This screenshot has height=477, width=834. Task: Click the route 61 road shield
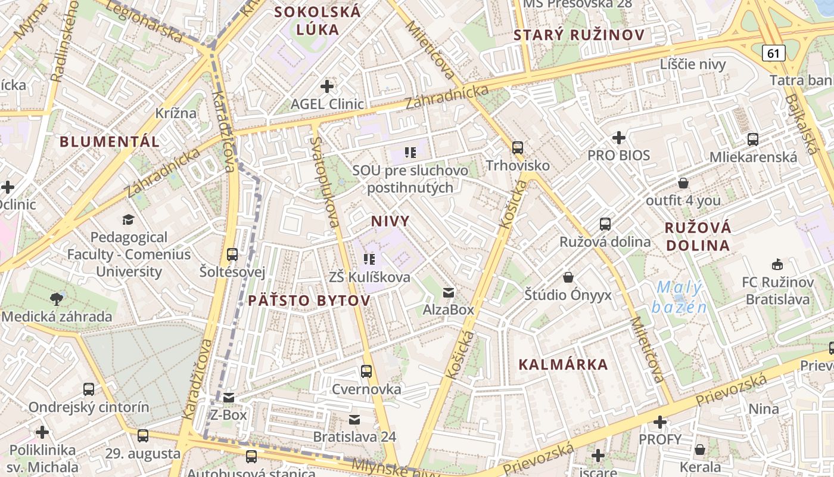(x=773, y=53)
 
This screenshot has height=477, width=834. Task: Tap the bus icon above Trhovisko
(x=517, y=147)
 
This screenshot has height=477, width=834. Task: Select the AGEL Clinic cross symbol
(x=326, y=86)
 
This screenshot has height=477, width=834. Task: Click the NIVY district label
(x=390, y=221)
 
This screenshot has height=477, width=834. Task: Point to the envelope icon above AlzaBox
(x=449, y=292)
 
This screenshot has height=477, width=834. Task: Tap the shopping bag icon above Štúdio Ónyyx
(x=568, y=277)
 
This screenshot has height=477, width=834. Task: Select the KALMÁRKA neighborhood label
(x=563, y=364)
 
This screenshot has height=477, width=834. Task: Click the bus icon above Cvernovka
(x=366, y=371)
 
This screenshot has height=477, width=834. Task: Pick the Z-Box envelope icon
(x=229, y=397)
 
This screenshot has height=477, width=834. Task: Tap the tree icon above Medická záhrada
(x=57, y=298)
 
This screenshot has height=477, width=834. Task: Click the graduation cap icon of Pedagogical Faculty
(x=128, y=219)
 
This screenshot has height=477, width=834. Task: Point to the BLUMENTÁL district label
(x=110, y=141)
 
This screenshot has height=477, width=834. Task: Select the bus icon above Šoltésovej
(x=232, y=255)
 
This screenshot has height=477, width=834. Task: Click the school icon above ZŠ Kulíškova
(x=369, y=259)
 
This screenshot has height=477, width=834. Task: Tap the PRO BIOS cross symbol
(x=619, y=138)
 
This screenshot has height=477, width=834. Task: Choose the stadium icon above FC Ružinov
(x=777, y=264)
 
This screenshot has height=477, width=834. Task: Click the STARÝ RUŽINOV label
(x=579, y=35)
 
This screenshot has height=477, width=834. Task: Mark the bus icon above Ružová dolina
(x=605, y=224)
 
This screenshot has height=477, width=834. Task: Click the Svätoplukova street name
(x=325, y=182)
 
